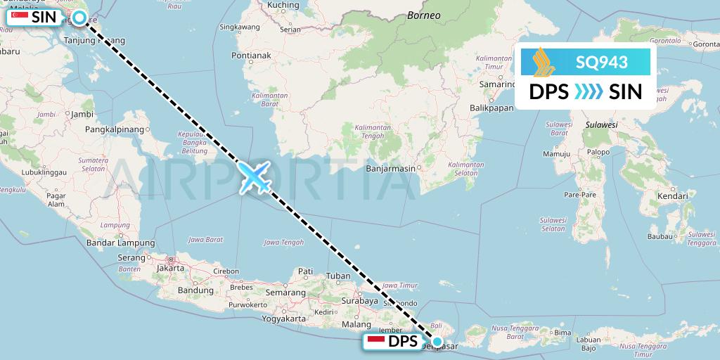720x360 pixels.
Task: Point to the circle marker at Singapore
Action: [x=80, y=17]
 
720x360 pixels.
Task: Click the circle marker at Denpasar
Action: [x=437, y=342]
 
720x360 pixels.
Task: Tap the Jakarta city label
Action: [x=171, y=268]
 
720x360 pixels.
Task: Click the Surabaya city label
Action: [x=359, y=300]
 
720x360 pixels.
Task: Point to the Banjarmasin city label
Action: [x=390, y=168]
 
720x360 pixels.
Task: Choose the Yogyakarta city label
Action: [x=280, y=319]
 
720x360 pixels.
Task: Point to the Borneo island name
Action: [x=425, y=15]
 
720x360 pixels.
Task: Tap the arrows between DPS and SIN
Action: [x=589, y=91]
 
